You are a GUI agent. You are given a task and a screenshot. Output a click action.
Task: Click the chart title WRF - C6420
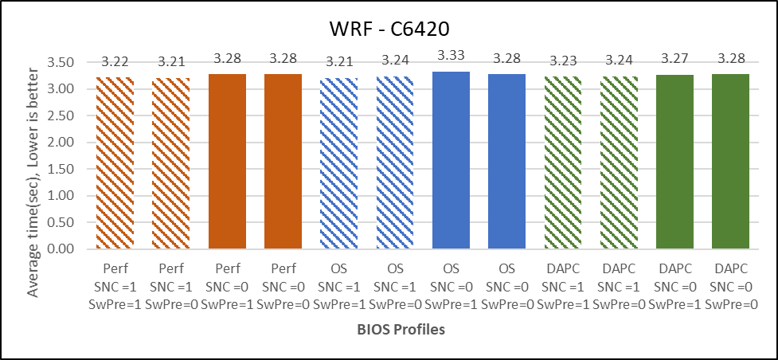(390, 29)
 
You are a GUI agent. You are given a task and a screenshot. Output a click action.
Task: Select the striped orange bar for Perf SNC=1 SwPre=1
(116, 163)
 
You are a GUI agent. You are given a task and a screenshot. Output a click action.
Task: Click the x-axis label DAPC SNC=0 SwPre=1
(676, 282)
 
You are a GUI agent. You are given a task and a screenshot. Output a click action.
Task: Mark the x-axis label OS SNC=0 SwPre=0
(508, 282)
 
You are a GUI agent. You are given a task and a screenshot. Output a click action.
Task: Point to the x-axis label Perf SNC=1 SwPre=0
(172, 282)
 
